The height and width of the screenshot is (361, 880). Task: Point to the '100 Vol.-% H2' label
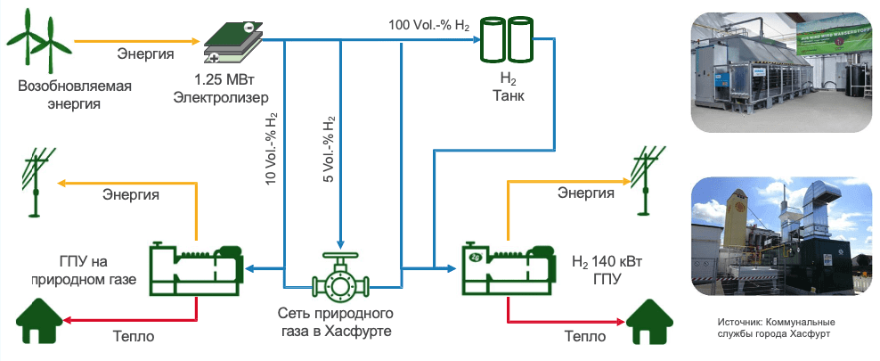[429, 24]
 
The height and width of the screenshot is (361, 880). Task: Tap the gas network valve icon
[339, 280]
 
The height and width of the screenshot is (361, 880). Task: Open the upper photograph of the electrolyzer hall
[780, 72]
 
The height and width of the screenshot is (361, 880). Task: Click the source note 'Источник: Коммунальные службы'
[774, 327]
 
